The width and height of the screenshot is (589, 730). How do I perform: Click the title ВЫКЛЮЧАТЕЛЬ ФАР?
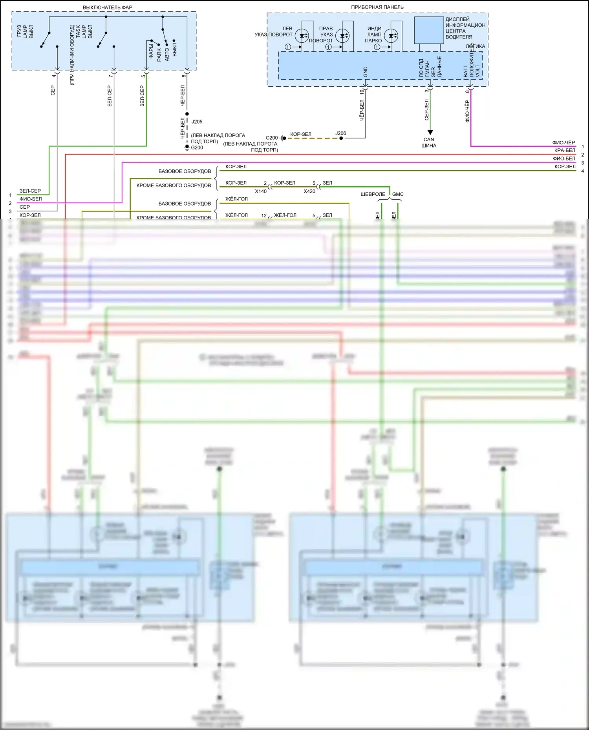pos(107,7)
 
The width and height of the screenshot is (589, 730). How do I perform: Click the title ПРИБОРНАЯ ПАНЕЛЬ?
pos(377,7)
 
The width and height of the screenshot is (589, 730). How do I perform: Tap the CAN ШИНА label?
pos(429,142)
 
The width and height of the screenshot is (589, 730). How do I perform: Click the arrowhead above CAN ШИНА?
pos(430,133)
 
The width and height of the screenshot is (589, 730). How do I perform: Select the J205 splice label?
pos(197,122)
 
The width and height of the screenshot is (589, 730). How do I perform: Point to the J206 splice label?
pos(340,133)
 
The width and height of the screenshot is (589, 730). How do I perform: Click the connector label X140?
pos(261,191)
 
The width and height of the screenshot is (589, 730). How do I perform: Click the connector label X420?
pos(309,191)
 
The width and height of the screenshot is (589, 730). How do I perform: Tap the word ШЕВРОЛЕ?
pos(373,194)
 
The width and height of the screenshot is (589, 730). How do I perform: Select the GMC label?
pos(398,194)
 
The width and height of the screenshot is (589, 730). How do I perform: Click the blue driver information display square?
pos(429,30)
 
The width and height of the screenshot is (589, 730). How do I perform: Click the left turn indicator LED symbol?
pos(302,36)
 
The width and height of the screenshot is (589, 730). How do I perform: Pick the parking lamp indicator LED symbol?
pos(391,36)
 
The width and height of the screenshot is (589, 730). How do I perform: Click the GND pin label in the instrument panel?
pos(366,72)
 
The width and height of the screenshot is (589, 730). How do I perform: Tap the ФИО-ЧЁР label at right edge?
pos(563,143)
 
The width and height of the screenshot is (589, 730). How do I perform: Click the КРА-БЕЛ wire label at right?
pos(565,151)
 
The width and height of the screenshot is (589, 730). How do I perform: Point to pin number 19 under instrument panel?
pos(362,92)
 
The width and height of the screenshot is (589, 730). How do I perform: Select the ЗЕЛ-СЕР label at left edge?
pos(30,191)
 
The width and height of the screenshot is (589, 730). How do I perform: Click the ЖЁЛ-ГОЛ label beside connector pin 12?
pos(285,215)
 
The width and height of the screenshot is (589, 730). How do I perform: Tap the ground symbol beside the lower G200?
pos(187,148)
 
